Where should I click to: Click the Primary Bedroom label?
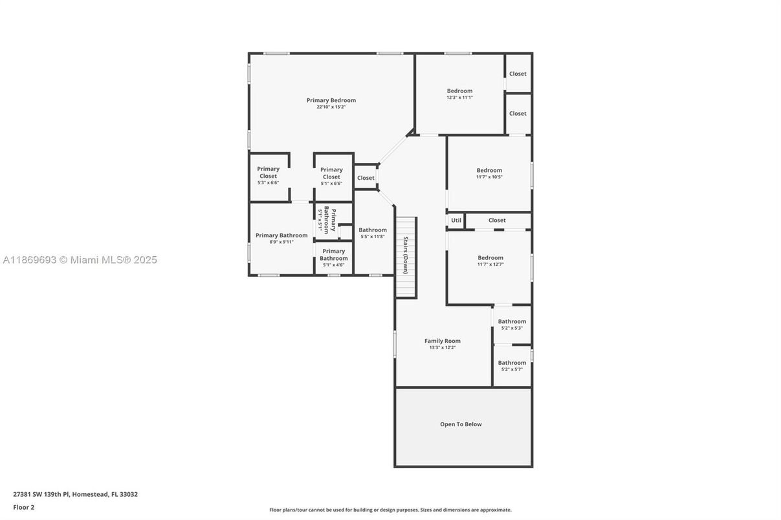point(331,100)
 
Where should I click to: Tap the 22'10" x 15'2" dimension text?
point(331,107)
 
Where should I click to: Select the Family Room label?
point(443,341)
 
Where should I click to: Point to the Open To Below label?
point(461,424)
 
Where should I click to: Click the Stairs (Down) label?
point(406,255)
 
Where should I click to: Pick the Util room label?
point(456,221)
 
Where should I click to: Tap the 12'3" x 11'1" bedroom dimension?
point(460,98)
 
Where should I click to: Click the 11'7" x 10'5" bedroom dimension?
point(490,177)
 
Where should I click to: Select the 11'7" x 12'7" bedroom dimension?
point(490,265)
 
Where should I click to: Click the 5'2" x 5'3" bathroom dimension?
point(512,329)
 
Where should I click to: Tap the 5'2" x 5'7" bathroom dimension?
point(512,369)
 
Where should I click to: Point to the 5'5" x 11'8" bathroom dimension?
point(373,237)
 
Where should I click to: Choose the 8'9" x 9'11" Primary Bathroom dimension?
point(281,242)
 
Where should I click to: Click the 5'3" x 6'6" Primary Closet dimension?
point(268,182)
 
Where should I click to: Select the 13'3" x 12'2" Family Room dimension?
point(443,347)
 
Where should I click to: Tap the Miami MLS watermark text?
point(80,260)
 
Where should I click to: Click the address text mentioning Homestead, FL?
point(75,494)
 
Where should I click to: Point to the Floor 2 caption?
point(24,508)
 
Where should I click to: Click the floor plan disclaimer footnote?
point(391,510)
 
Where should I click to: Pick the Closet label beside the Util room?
point(497,221)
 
